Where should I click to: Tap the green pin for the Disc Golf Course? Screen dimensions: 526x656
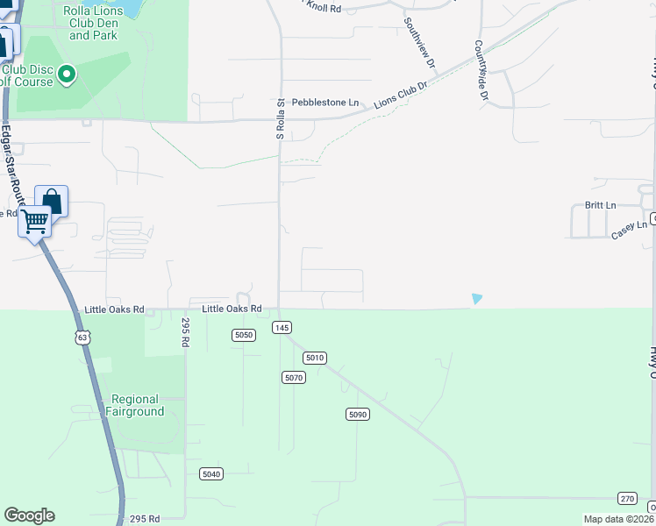68,75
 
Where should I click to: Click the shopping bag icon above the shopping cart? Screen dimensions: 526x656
52,201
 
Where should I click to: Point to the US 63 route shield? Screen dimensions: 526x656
82,337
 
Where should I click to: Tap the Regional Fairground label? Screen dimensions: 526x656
135,404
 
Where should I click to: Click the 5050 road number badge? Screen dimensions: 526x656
244,335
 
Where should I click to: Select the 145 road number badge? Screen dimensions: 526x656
282,327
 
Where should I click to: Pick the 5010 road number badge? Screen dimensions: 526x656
315,358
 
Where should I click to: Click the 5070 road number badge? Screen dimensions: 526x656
293,377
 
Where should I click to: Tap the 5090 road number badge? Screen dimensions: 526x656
356,414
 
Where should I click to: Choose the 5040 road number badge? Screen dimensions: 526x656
211,473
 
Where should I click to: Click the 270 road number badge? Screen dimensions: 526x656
627,497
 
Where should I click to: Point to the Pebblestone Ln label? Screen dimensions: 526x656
325,103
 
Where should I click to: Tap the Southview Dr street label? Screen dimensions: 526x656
418,44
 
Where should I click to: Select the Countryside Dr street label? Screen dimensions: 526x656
481,70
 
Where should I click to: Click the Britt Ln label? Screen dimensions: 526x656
601,205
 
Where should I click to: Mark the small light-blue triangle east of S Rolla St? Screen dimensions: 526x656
476,299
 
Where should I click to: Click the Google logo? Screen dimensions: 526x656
29,515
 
